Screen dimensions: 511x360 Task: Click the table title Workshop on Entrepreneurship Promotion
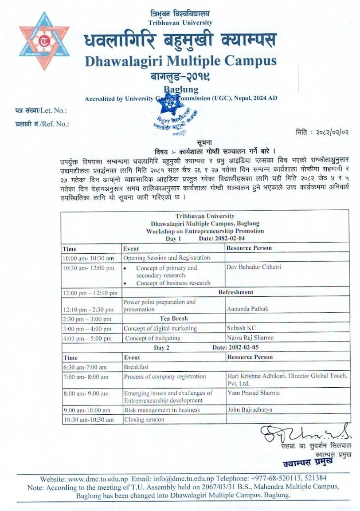[x=205, y=231]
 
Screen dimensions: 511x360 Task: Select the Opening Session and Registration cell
[x=167, y=258]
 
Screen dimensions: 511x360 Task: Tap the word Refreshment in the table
[x=235, y=292]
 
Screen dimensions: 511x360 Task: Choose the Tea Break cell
[x=174, y=318]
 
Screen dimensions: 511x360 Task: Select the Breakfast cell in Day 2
[x=136, y=367]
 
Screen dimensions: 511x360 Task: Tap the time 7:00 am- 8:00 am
[x=86, y=377]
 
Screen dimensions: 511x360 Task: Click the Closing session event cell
[x=144, y=419]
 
